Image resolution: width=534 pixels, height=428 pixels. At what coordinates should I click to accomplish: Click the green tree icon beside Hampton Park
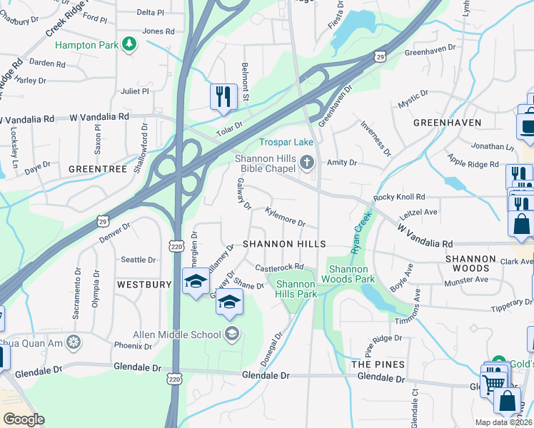click(x=129, y=45)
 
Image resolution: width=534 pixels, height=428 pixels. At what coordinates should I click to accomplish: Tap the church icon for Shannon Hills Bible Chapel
click(x=307, y=163)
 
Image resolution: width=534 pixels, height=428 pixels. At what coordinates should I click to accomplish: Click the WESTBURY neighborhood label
click(x=144, y=285)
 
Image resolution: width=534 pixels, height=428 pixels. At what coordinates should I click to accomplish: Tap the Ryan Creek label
click(x=361, y=231)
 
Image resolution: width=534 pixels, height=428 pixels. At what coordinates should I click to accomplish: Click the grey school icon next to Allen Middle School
click(x=232, y=333)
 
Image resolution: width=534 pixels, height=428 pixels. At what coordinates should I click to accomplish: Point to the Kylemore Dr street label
click(x=285, y=217)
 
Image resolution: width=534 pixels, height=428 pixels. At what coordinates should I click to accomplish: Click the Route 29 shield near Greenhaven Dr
click(x=381, y=56)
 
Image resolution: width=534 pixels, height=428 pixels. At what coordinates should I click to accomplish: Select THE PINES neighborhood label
click(x=369, y=364)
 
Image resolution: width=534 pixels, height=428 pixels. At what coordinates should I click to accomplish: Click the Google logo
click(x=23, y=419)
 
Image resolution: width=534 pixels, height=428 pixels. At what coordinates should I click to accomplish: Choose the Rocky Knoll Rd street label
click(x=399, y=197)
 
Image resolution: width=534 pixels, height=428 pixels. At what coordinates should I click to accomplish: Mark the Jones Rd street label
click(x=158, y=31)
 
